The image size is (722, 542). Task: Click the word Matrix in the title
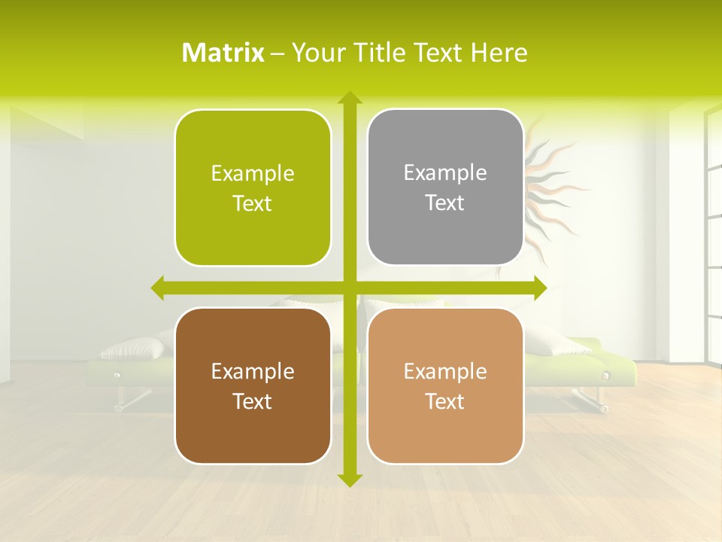tap(223, 53)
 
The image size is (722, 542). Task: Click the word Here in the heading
tap(499, 53)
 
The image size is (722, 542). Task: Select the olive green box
tap(253, 188)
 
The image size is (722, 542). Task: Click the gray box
tap(445, 187)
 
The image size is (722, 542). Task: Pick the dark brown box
tap(253, 386)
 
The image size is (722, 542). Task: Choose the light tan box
tap(445, 386)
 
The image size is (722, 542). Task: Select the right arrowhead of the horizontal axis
tap(539, 288)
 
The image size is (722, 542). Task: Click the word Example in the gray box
tap(445, 172)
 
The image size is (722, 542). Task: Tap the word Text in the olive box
tap(253, 204)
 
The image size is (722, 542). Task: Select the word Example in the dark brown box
tap(253, 371)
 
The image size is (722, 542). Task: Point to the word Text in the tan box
tap(445, 402)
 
